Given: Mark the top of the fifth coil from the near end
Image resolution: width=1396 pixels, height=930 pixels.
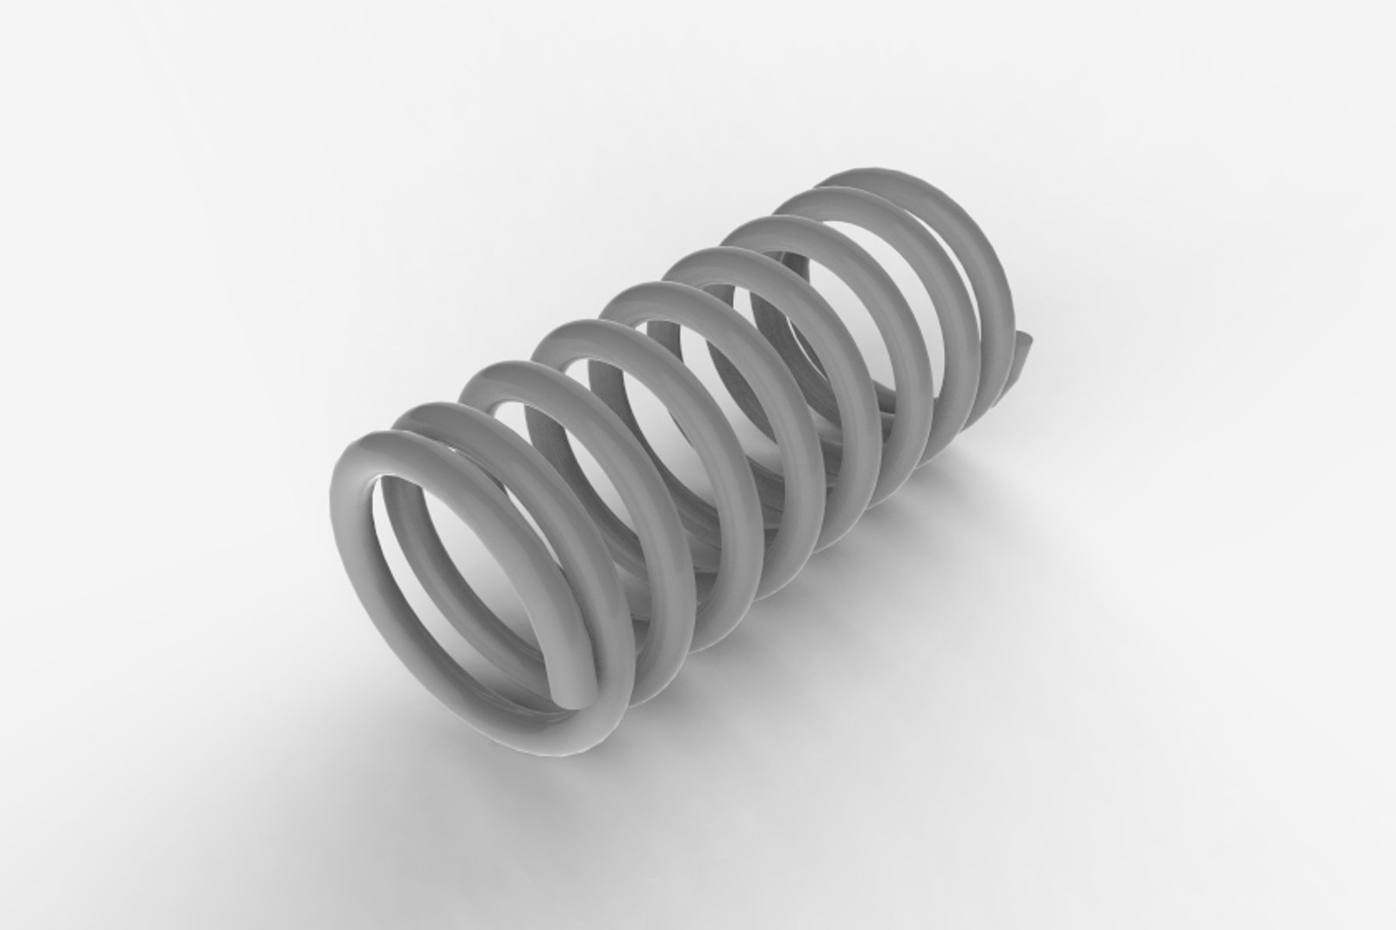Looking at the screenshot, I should point(646,295).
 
